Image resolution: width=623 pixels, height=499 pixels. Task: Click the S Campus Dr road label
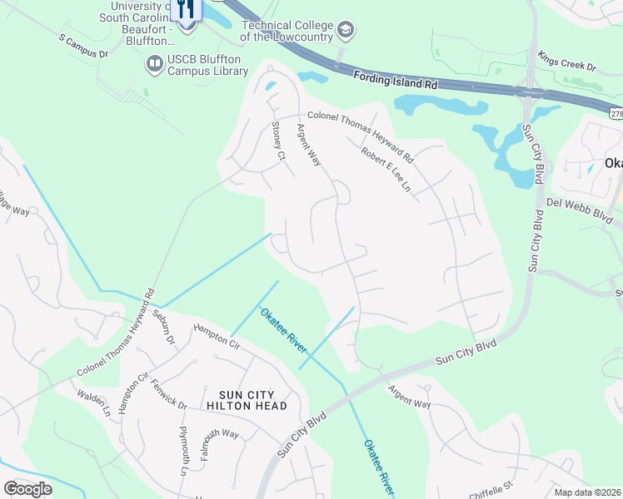pos(83,47)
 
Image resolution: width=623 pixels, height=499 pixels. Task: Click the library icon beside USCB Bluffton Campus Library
pos(153,63)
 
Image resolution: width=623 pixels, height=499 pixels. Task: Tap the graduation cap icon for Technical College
pos(346,32)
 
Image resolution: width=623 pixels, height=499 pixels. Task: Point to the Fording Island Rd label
pos(395,79)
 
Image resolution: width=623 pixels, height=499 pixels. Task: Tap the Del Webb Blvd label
pos(578,209)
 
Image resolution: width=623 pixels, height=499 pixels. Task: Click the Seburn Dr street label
pos(163,328)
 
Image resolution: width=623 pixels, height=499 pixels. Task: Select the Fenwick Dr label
pos(170,393)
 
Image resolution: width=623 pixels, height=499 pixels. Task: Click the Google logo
pos(27,489)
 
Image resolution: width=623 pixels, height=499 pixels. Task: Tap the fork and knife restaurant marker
pos(185,9)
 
